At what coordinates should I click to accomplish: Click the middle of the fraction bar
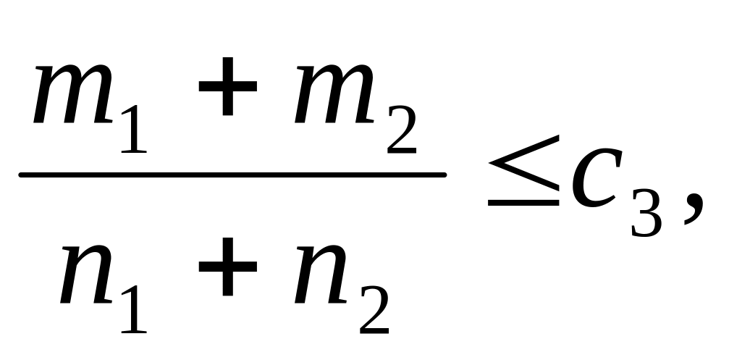coord(232,175)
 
